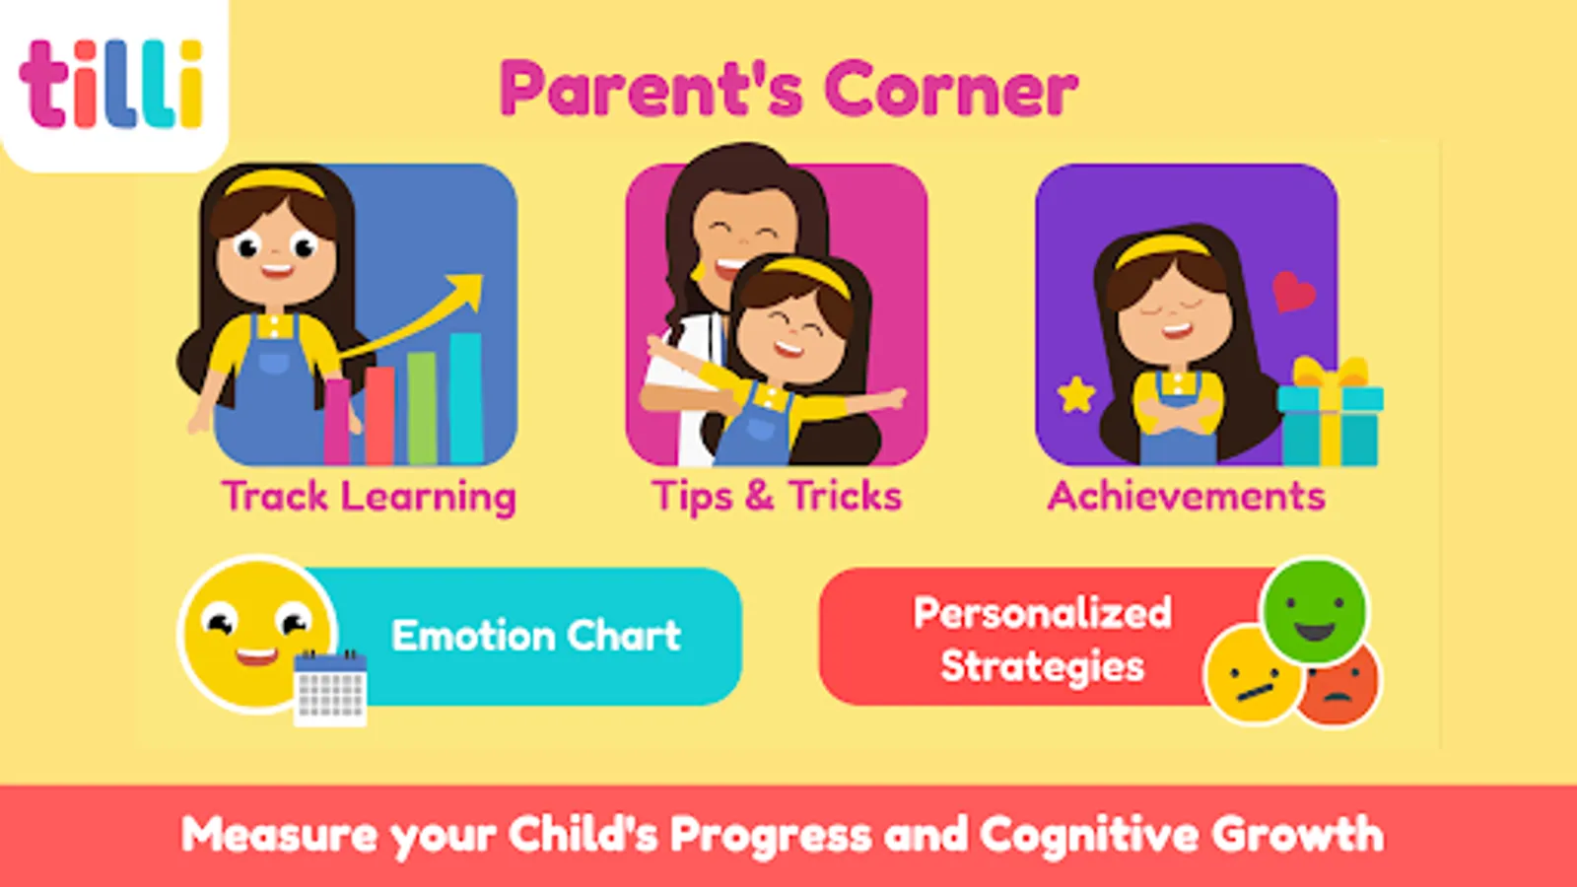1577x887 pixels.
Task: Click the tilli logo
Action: click(x=111, y=85)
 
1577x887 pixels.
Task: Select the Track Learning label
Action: click(x=369, y=497)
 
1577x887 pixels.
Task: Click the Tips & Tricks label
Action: click(x=777, y=496)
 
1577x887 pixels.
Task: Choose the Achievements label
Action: click(x=1187, y=496)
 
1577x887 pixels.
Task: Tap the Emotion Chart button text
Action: click(x=536, y=636)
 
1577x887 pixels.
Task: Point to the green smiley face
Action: click(x=1315, y=610)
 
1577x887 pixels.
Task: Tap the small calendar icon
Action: click(x=330, y=689)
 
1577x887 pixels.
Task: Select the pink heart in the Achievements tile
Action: click(x=1292, y=292)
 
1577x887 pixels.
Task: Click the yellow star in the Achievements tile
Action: click(x=1076, y=394)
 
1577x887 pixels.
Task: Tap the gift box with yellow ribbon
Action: click(x=1330, y=412)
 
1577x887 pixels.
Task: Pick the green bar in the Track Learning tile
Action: click(x=422, y=408)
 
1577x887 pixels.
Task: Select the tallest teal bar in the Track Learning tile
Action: click(x=465, y=398)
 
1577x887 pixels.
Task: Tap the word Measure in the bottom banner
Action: click(x=280, y=835)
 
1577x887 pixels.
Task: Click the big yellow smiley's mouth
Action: click(x=256, y=656)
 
